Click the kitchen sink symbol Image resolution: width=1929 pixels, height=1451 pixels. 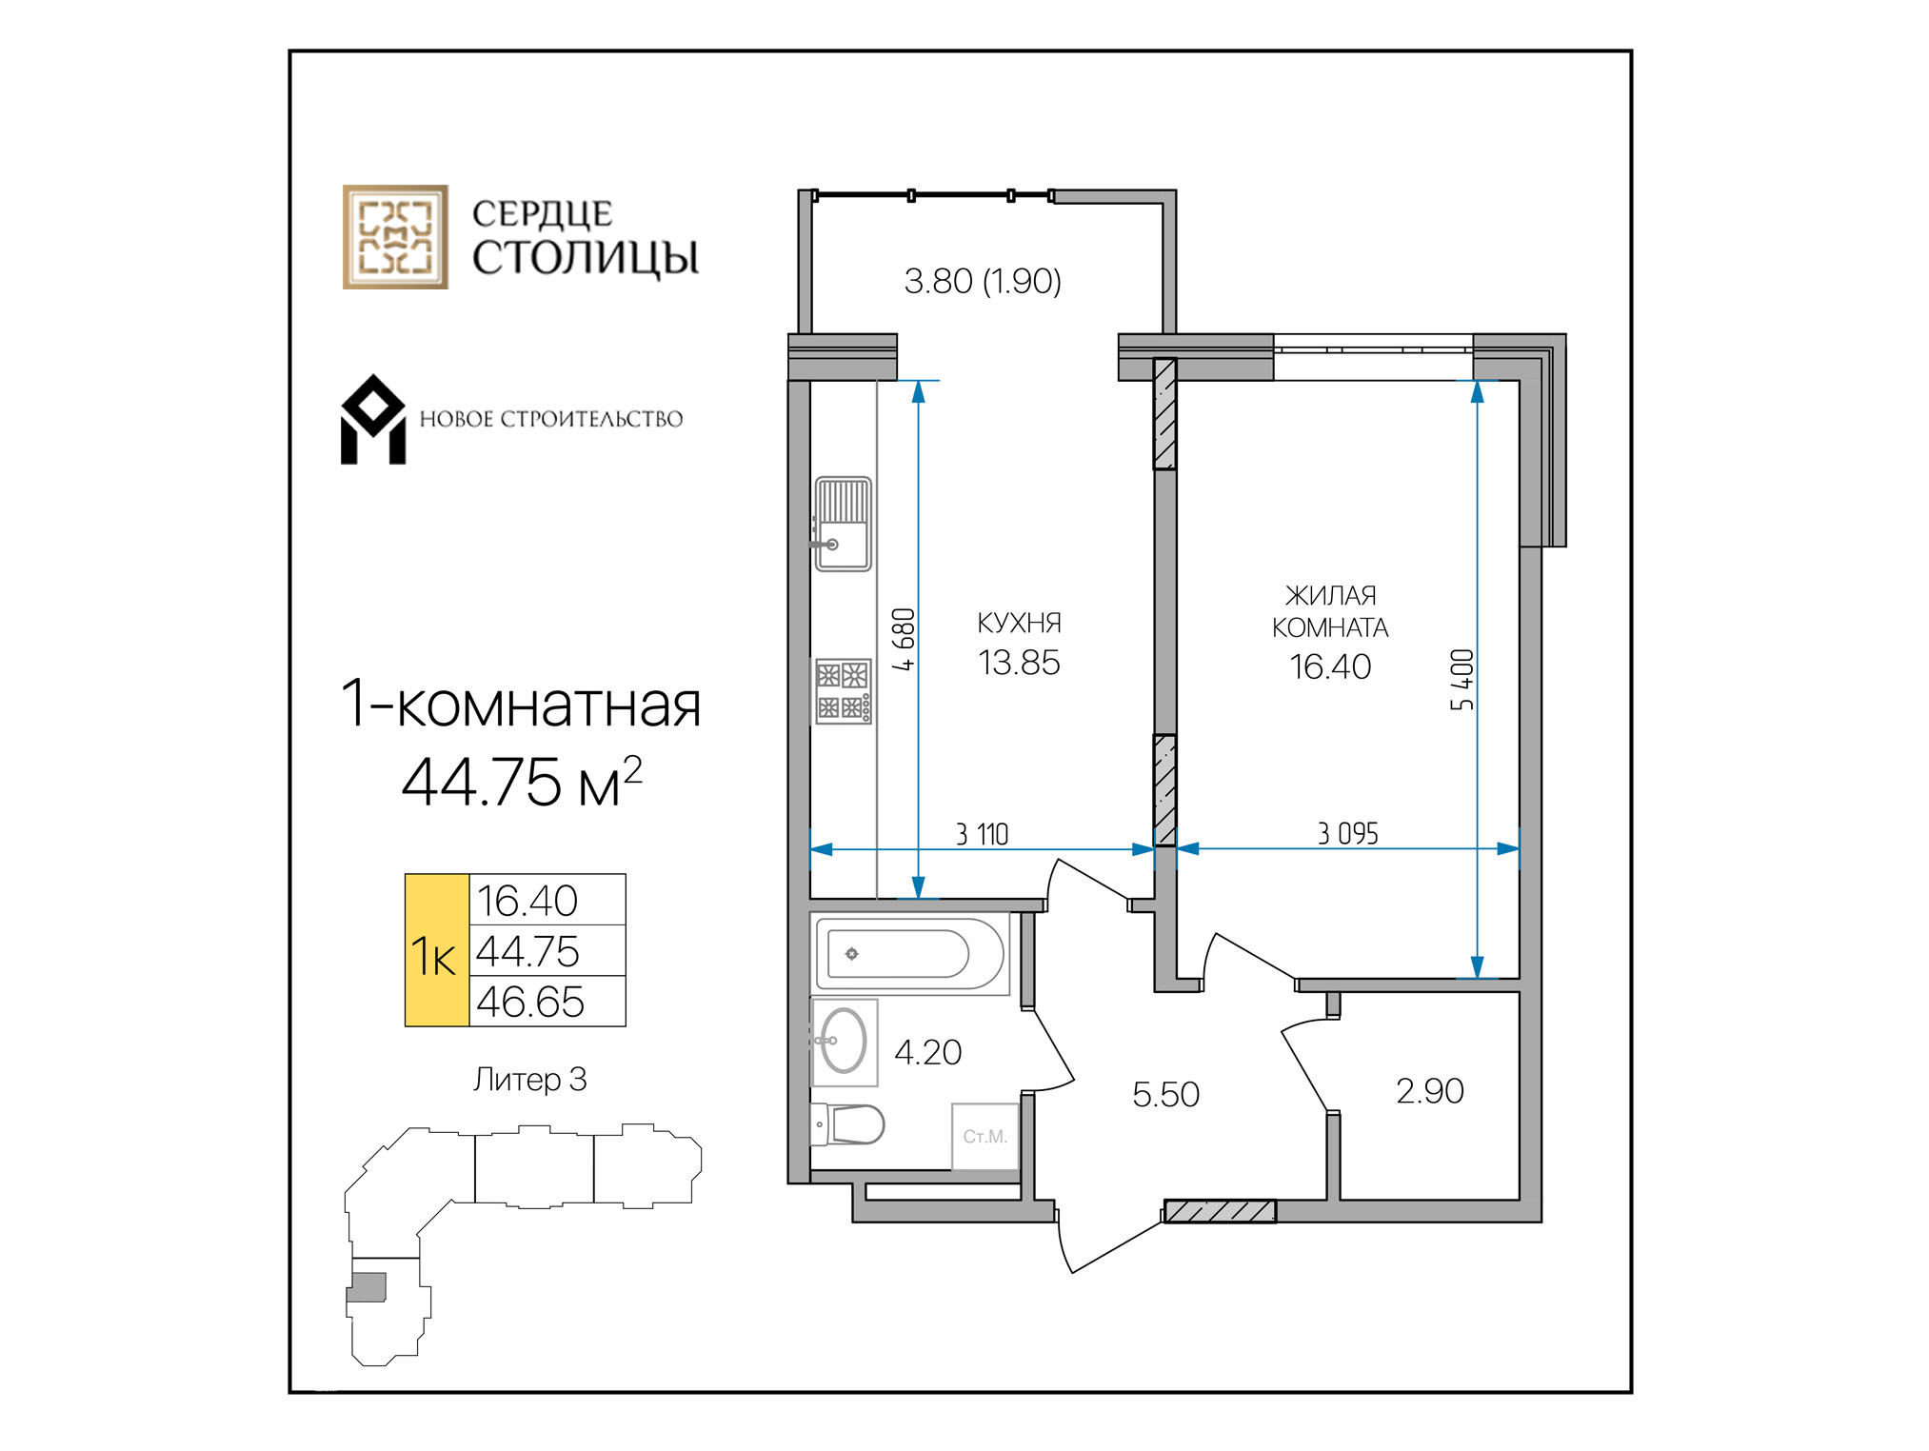843,524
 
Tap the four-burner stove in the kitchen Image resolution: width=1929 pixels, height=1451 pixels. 843,691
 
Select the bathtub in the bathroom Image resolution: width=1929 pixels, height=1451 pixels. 909,954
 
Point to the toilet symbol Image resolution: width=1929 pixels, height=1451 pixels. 847,1124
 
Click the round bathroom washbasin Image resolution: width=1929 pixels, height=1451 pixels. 843,1042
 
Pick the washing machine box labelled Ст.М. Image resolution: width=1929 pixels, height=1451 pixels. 984,1136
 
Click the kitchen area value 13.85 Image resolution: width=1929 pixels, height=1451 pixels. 1019,663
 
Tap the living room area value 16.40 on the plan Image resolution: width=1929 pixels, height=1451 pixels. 1330,666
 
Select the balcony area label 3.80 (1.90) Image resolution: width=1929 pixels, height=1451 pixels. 983,281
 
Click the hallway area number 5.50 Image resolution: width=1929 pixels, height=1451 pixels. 1165,1094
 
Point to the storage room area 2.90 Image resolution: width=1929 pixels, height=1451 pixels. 1429,1091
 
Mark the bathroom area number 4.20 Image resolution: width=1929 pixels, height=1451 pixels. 928,1052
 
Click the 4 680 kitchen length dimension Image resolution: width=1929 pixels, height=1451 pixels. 903,640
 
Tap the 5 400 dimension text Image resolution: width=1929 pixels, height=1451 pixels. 1462,680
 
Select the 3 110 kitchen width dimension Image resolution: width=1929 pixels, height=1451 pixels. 982,834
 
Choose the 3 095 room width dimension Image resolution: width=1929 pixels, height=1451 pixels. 1347,833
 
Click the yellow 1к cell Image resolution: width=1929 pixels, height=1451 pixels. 437,950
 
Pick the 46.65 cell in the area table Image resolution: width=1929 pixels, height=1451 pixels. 547,1002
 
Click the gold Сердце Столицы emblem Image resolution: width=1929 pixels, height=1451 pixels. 395,237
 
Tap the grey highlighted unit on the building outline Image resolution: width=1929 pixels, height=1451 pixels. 367,1287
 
